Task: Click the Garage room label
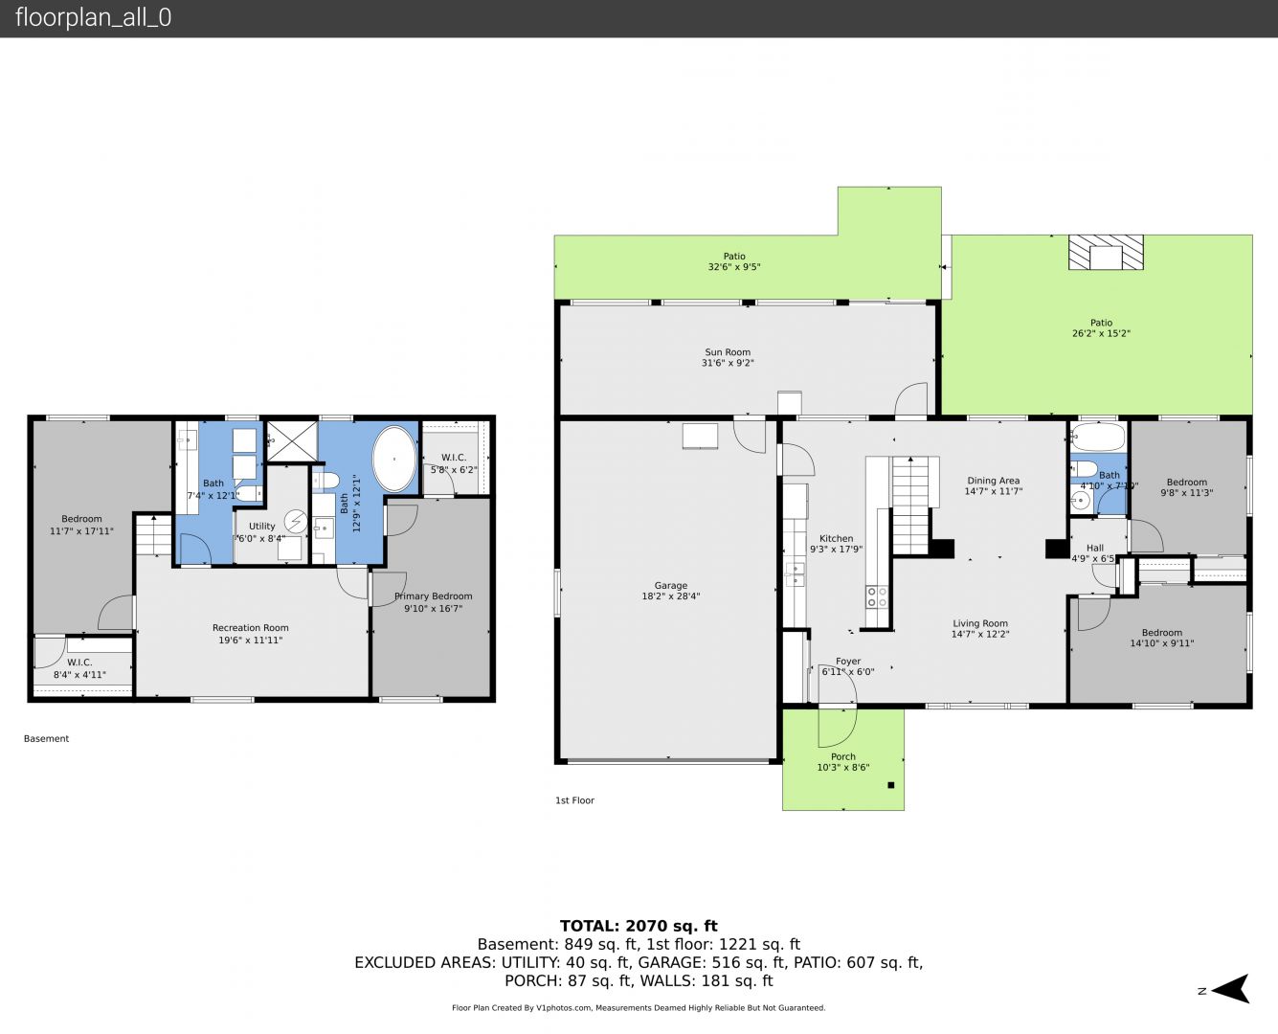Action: (x=671, y=591)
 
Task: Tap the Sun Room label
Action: (x=728, y=357)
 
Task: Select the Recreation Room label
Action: (x=250, y=633)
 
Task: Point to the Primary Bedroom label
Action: (x=434, y=602)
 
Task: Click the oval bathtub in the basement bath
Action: (x=393, y=460)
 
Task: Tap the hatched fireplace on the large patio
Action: (x=1106, y=252)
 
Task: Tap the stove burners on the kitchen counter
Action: (x=876, y=597)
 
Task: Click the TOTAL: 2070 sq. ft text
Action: (x=639, y=926)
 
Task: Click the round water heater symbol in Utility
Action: (x=296, y=522)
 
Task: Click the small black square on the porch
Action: (x=891, y=785)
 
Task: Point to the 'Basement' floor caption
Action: (x=46, y=739)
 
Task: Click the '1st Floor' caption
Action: (x=574, y=800)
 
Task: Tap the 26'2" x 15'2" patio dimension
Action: (x=1101, y=333)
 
